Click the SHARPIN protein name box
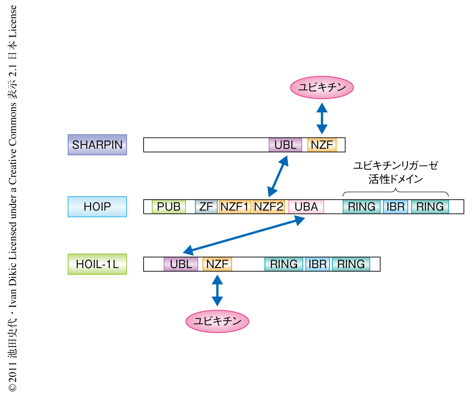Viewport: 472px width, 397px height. click(x=97, y=145)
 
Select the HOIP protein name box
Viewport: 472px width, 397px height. click(x=97, y=206)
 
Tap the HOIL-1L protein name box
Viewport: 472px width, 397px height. click(x=97, y=264)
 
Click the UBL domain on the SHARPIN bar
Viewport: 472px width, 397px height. click(x=285, y=145)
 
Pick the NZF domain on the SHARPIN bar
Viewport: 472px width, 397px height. click(x=322, y=145)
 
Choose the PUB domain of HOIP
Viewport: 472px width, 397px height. click(x=168, y=206)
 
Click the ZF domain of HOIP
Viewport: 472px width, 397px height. click(x=206, y=206)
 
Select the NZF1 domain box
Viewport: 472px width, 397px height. click(x=234, y=206)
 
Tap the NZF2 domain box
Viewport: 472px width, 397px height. click(x=268, y=206)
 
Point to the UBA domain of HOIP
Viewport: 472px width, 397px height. click(x=306, y=206)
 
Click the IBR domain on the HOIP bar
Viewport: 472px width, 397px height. click(x=395, y=206)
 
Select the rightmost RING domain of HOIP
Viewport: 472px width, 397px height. click(x=430, y=206)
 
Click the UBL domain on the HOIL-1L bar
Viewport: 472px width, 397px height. click(x=181, y=264)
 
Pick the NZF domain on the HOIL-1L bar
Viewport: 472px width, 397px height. click(x=217, y=264)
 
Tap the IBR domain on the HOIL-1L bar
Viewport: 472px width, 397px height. click(x=317, y=264)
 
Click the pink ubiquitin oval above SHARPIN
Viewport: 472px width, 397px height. click(x=322, y=87)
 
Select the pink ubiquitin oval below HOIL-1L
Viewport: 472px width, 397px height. click(x=217, y=321)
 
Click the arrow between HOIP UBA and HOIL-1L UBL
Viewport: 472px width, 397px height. click(x=244, y=235)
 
